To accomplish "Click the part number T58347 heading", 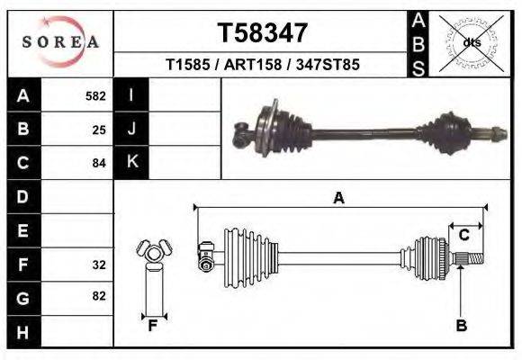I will pos(263,32).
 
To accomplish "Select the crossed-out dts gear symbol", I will pos(472,41).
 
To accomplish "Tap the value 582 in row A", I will pos(95,95).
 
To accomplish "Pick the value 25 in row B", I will pos(99,130).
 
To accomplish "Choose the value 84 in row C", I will pos(99,164).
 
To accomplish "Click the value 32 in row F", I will pos(99,265).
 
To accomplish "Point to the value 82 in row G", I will pos(99,296).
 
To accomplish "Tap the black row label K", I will pos(131,162).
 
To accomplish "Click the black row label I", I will pos(131,95).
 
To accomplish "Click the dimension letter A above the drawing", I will pos(338,198).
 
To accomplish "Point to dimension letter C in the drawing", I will pos(464,236).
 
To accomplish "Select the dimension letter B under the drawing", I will pos(461,326).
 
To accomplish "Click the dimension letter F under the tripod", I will pos(153,326).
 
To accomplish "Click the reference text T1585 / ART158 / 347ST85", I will pos(263,66).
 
